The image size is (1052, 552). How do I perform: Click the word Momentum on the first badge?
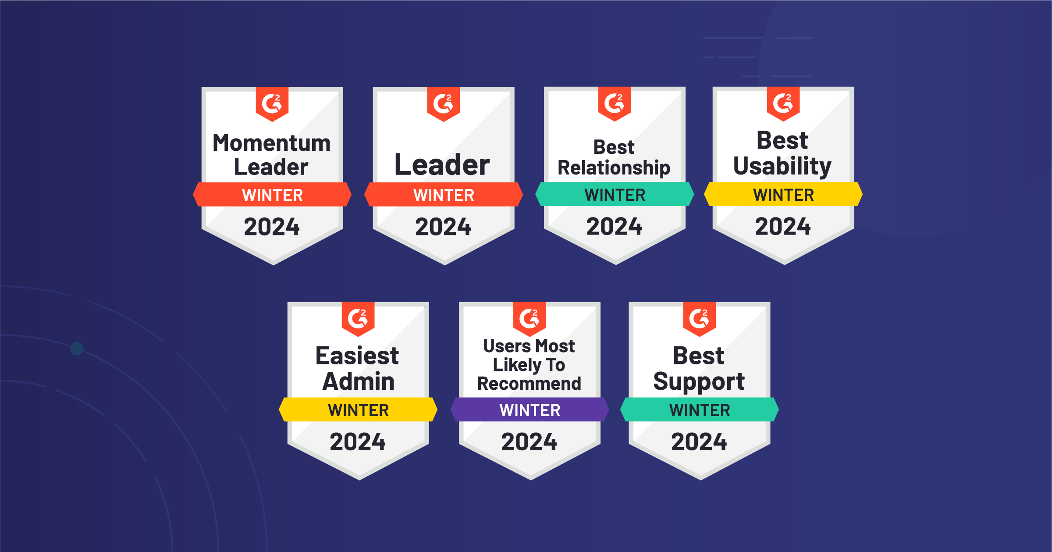272,143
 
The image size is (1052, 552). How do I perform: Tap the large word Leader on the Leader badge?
442,165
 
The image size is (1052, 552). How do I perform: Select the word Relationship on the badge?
614,168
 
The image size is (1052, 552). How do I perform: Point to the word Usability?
782,166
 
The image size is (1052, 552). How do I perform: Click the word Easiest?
357,356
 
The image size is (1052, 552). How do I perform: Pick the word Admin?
359,381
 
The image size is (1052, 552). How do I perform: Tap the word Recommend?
529,384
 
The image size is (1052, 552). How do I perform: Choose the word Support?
699,382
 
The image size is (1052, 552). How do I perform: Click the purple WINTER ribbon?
530,410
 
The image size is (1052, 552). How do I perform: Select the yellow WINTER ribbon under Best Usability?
783,194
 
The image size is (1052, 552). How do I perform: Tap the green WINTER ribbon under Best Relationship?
615,194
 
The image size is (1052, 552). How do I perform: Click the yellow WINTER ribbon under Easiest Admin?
358,410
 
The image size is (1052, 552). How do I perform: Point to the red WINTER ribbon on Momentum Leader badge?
272,195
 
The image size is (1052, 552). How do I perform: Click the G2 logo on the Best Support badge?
700,318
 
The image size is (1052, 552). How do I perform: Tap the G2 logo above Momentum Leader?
272,103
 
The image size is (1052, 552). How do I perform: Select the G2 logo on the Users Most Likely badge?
530,318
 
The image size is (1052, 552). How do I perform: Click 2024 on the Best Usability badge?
783,227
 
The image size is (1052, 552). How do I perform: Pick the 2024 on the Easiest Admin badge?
358,442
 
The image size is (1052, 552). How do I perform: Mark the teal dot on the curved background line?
77,349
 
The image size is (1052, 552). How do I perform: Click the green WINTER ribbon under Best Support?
700,410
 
